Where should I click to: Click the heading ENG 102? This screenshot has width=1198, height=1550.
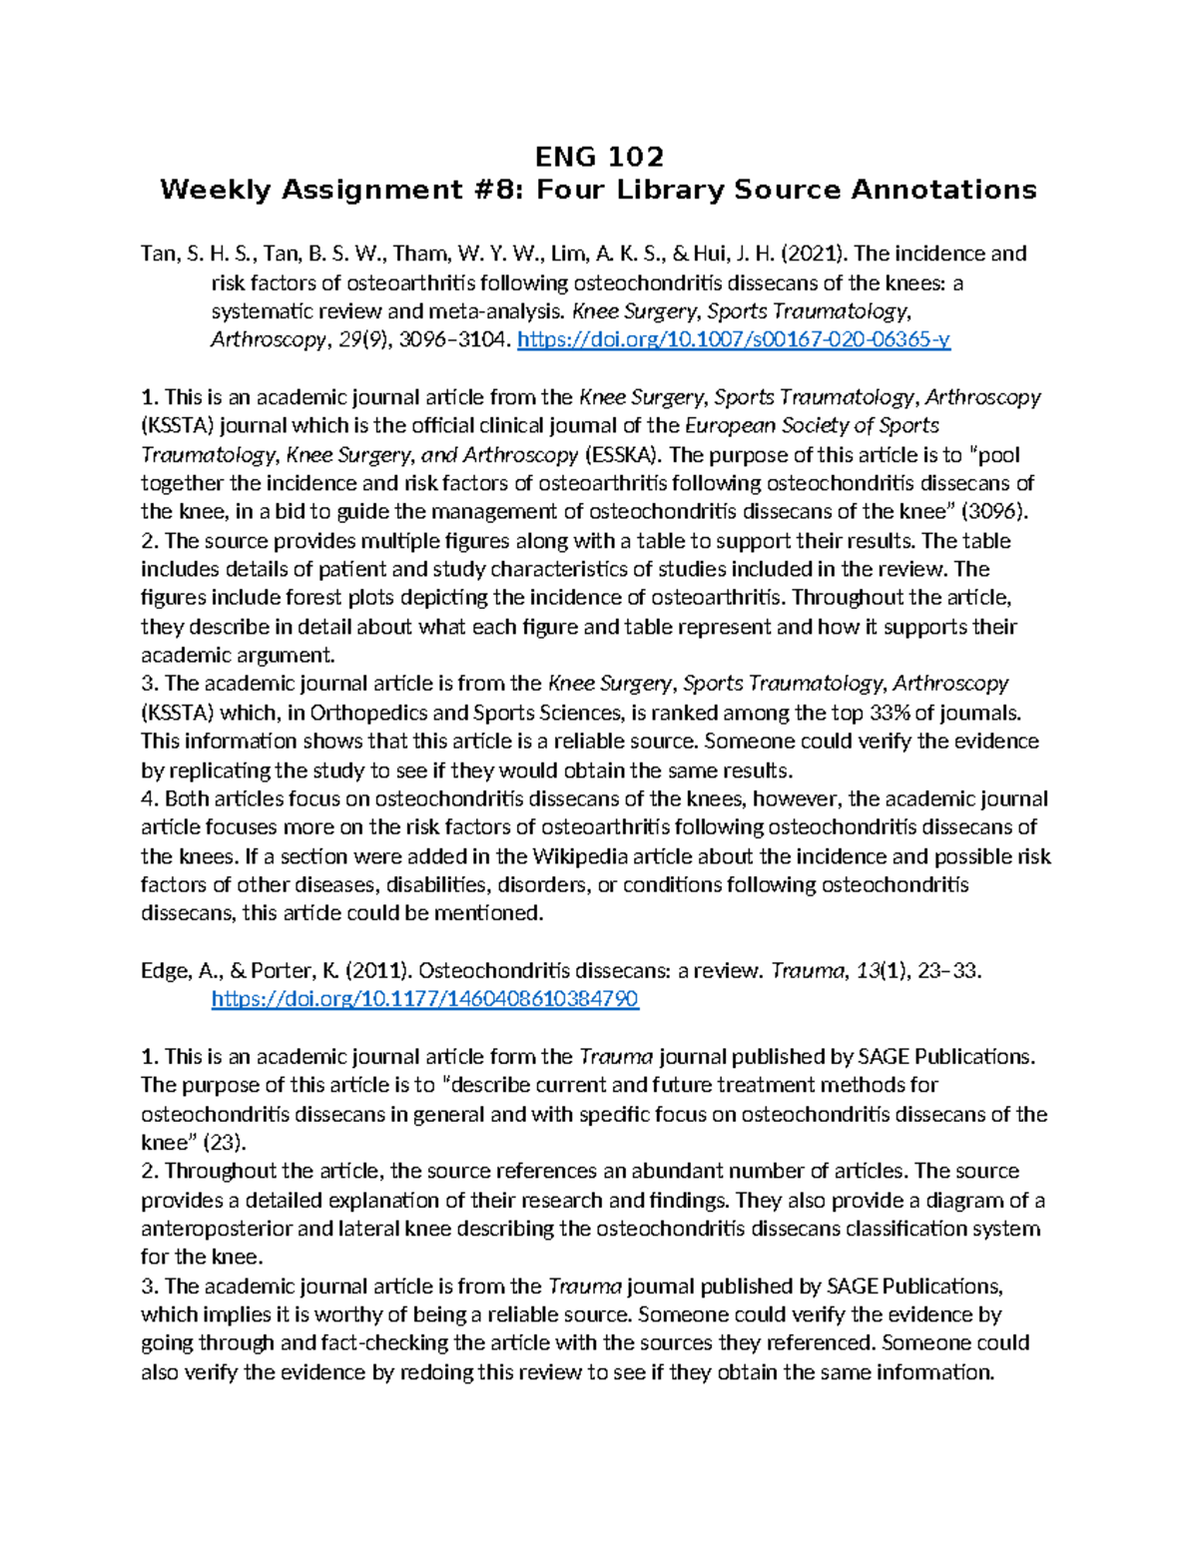599,157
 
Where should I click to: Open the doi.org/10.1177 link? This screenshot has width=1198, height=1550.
424,999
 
